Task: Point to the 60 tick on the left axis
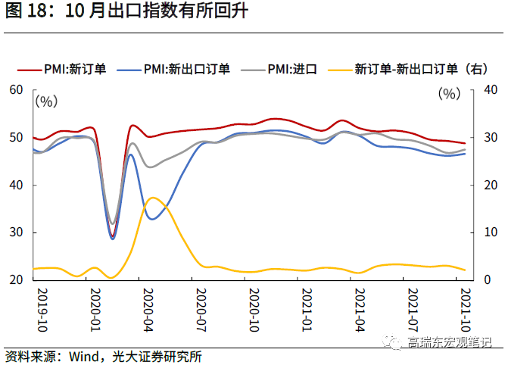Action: [x=17, y=90]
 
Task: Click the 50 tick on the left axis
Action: [x=17, y=138]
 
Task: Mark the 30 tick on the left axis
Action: [x=17, y=232]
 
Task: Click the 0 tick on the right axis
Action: [x=485, y=280]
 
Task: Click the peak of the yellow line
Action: [x=152, y=198]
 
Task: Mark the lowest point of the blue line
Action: [x=113, y=239]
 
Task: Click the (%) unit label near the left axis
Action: [x=46, y=99]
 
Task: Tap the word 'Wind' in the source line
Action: [x=84, y=355]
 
